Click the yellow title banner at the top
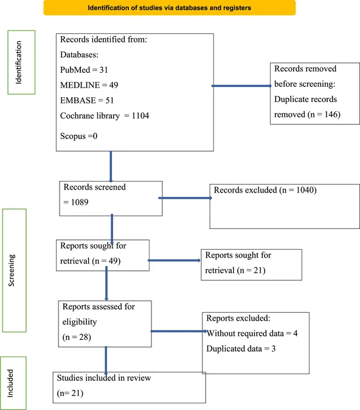(170, 7)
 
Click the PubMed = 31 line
(84, 70)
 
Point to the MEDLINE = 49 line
(89, 85)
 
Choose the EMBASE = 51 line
(87, 100)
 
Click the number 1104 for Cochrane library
(140, 115)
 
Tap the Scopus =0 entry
(79, 136)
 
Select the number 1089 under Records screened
(80, 202)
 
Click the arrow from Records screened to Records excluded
(185, 198)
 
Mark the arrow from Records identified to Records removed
(241, 86)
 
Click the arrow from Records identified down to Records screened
(111, 166)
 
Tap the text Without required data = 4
(252, 333)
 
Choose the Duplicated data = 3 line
(241, 349)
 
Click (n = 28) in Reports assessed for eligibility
(77, 337)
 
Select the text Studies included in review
(104, 378)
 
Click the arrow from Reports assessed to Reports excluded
(179, 331)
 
